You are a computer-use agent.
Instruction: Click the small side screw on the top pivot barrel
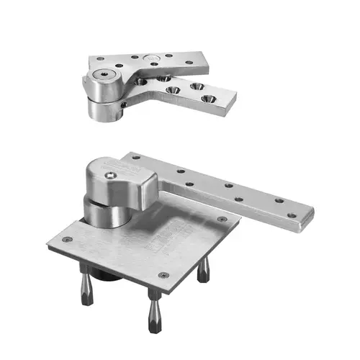tap(125, 105)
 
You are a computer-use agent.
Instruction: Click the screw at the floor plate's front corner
tap(162, 274)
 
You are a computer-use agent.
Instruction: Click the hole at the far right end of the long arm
tap(291, 215)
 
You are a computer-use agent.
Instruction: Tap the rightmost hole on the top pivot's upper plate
tap(189, 63)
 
